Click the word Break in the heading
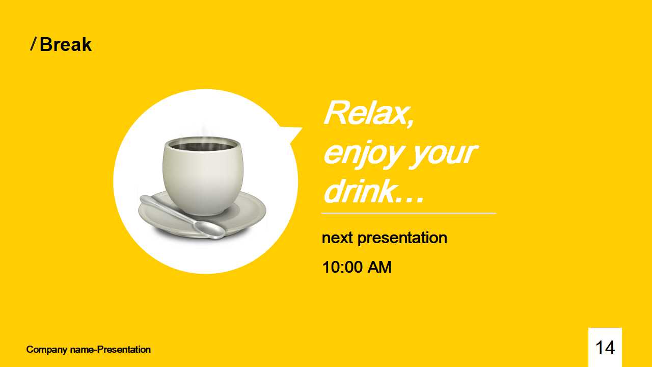click(66, 44)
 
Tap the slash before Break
click(34, 44)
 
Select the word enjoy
click(364, 154)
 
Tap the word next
click(337, 238)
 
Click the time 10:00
click(342, 267)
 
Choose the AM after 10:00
click(379, 267)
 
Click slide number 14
click(605, 348)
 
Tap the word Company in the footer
click(47, 350)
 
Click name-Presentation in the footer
click(111, 350)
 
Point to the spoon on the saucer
click(182, 217)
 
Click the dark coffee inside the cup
click(203, 146)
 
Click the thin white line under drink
click(409, 214)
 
